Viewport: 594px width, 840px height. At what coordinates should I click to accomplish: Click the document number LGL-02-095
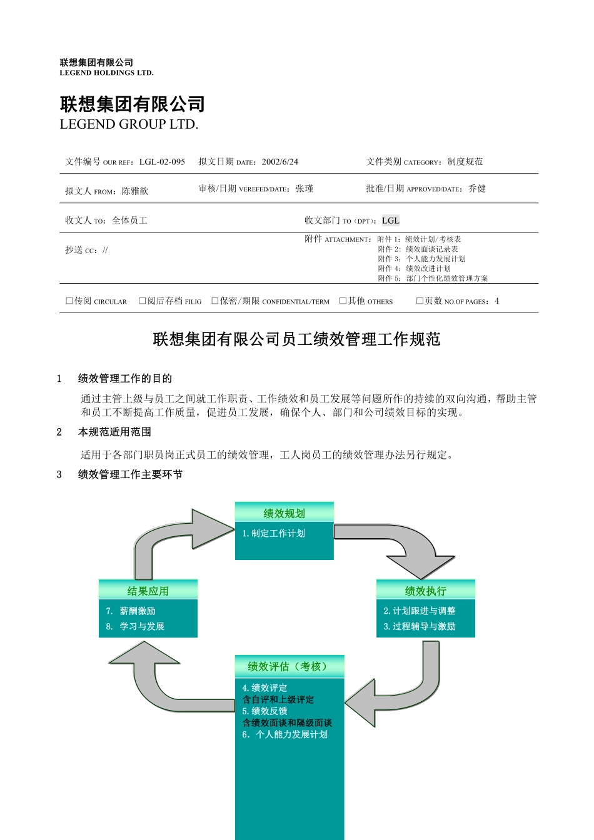tap(162, 162)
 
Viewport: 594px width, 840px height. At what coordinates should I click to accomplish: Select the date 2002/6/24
tap(280, 162)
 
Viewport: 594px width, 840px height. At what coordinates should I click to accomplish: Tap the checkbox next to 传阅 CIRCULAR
tap(69, 301)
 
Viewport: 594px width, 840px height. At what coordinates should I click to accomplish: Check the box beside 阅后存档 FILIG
tap(143, 301)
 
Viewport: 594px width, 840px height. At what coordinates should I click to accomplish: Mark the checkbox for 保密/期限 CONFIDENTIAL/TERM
tap(215, 301)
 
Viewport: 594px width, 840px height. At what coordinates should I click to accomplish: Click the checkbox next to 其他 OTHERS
tap(343, 301)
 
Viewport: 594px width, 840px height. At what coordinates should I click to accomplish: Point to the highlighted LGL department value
tap(390, 221)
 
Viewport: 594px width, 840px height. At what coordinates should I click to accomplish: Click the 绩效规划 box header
tap(284, 513)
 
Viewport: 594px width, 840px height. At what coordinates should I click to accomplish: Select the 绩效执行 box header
tap(426, 591)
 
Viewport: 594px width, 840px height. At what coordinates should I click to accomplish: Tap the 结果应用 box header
tap(148, 591)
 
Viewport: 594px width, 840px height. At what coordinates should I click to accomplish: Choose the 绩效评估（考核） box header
tap(289, 666)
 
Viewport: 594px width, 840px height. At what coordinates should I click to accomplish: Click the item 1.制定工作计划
tap(274, 533)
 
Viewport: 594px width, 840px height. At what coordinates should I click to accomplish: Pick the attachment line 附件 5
tap(433, 278)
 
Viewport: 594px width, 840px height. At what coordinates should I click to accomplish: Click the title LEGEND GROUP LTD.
tap(129, 124)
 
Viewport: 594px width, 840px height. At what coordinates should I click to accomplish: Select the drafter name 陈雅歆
tap(135, 191)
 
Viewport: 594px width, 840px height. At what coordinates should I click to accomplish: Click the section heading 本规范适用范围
tap(114, 432)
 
